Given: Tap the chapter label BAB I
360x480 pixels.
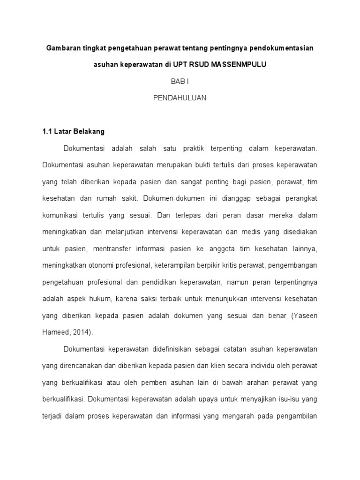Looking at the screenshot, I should click(180, 81).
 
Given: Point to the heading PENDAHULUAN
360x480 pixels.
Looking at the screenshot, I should click(180, 97).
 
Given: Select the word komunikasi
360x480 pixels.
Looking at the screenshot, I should click(62, 215).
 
